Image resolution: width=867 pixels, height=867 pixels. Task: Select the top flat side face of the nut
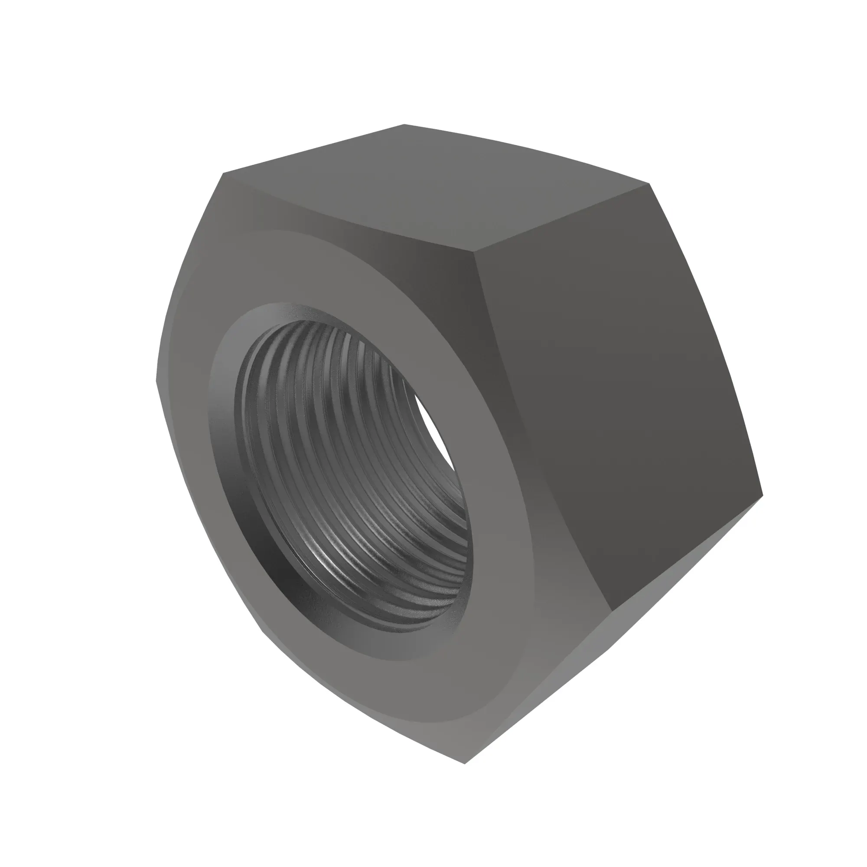click(431, 189)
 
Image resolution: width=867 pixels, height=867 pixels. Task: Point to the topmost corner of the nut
click(404, 124)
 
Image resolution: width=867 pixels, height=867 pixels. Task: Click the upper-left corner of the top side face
click(224, 173)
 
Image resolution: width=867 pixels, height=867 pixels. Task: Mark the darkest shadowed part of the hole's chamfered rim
click(287, 579)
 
